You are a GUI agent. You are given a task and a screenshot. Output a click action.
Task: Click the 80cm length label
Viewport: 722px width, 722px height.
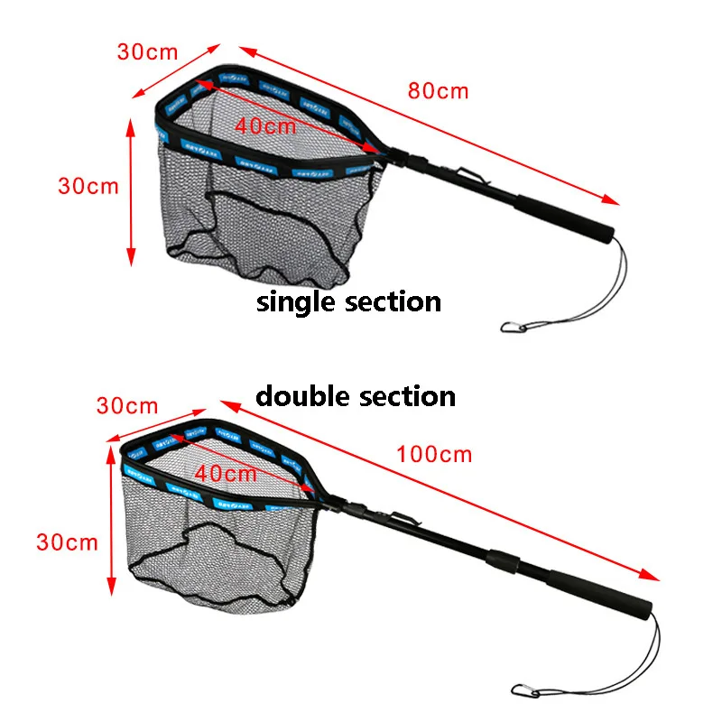[439, 90]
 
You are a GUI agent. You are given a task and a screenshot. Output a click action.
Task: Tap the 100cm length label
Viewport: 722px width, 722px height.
[434, 453]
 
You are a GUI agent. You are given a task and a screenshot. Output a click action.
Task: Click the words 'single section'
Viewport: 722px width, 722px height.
[349, 301]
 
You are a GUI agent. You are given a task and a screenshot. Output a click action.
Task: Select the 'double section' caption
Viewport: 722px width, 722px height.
[356, 395]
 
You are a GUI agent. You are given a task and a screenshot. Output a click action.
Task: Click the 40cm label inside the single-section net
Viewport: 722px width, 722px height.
[265, 125]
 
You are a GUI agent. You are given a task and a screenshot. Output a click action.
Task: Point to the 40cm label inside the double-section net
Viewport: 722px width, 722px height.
[226, 471]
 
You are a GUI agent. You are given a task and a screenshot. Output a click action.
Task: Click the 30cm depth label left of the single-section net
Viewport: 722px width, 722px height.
[88, 186]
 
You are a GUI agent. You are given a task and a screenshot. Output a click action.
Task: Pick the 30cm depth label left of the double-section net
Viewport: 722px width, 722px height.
[67, 541]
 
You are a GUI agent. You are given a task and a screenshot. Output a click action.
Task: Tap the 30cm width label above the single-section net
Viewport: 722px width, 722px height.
[147, 51]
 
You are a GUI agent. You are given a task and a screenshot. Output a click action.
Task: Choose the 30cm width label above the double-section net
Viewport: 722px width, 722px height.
[127, 406]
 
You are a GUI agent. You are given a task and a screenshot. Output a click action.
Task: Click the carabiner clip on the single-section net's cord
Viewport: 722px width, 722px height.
[511, 326]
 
